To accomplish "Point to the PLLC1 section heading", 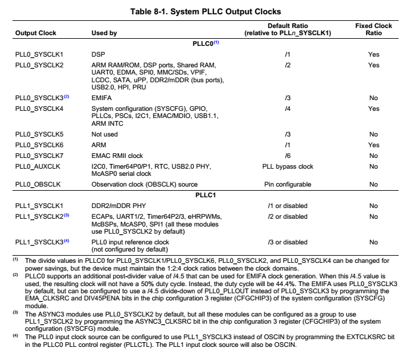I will pyautogui.click(x=204, y=195).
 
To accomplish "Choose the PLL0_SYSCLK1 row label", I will pyautogui.click(x=39, y=54).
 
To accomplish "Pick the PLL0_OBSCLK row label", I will pyautogui.click(x=37, y=185).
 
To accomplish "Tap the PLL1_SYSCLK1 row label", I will pyautogui.click(x=39, y=205).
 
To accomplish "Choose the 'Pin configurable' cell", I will pyautogui.click(x=288, y=185).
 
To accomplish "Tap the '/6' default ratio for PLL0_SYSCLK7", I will pyautogui.click(x=288, y=156).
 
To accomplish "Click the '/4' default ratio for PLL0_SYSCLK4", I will pyautogui.click(x=288, y=108).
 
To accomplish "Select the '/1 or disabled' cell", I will pyautogui.click(x=288, y=205).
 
